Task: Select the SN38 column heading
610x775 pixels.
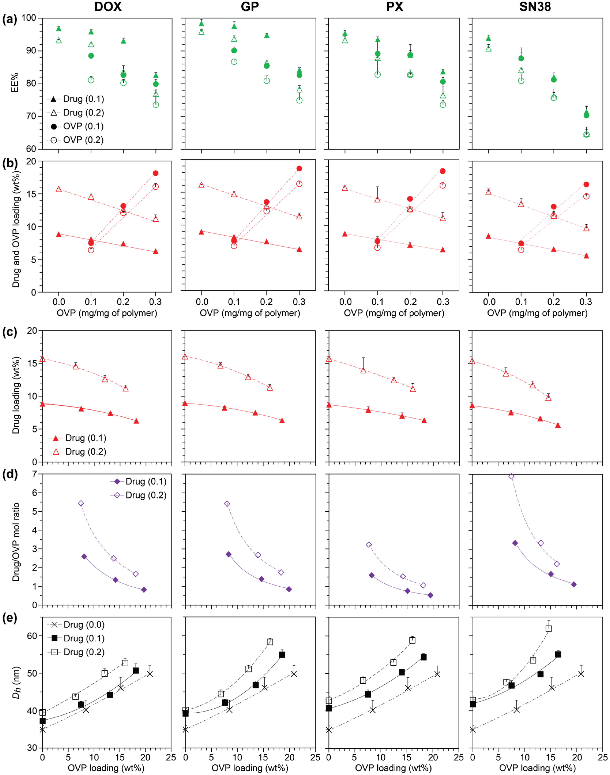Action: coord(535,7)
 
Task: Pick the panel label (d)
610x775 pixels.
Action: coord(10,475)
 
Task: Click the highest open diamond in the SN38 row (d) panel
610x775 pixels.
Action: coord(511,476)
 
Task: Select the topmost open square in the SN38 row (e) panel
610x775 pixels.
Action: coord(549,628)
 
